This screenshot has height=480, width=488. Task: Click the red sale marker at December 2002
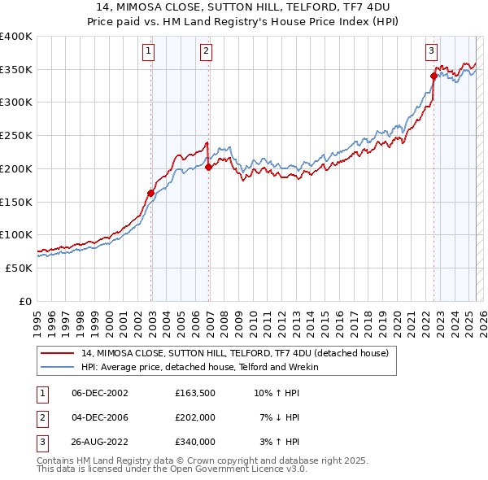click(151, 193)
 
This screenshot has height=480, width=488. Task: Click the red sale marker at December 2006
click(209, 167)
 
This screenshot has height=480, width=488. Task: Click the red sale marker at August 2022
click(434, 76)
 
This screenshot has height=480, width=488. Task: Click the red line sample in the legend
click(58, 354)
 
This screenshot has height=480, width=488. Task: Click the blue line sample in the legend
click(58, 367)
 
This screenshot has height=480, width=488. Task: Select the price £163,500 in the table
click(195, 393)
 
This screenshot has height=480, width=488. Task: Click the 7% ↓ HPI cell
click(277, 417)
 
